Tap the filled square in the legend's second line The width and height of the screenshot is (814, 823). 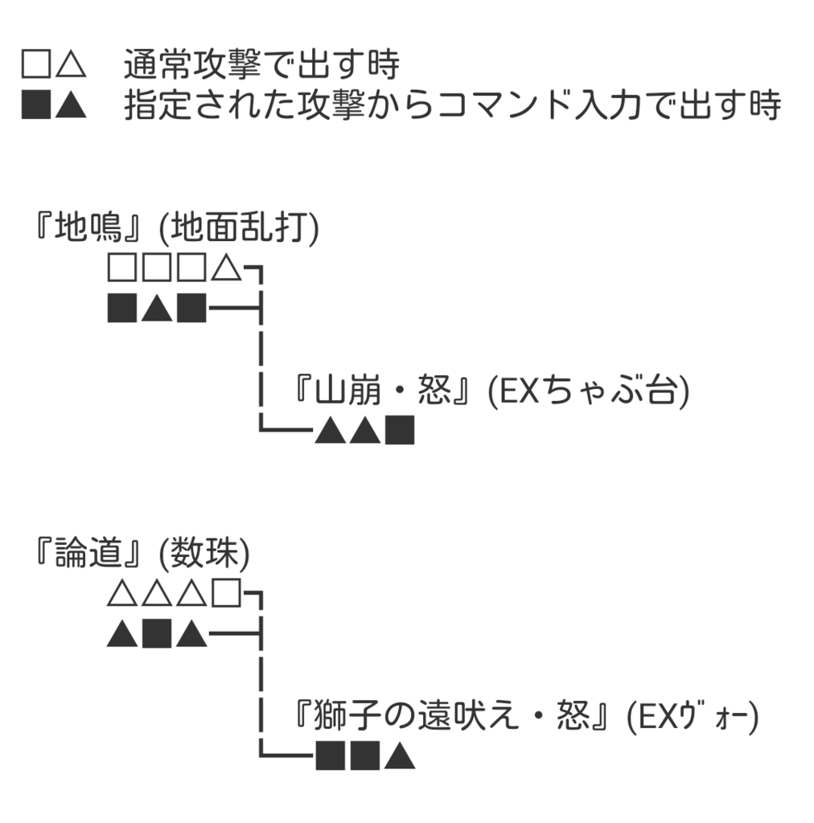pos(36,106)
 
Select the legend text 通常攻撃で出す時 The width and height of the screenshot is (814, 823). pos(261,65)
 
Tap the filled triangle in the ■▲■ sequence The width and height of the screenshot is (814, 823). pos(157,308)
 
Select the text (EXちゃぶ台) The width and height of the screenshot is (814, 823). pos(588,394)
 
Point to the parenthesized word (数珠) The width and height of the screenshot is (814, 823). pos(205,555)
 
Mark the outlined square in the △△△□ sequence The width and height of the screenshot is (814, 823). pos(227,596)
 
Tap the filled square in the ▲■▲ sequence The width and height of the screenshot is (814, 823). pos(157,635)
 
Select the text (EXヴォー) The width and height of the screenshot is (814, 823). pos(693,716)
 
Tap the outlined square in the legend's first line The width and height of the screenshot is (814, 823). pos(36,65)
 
